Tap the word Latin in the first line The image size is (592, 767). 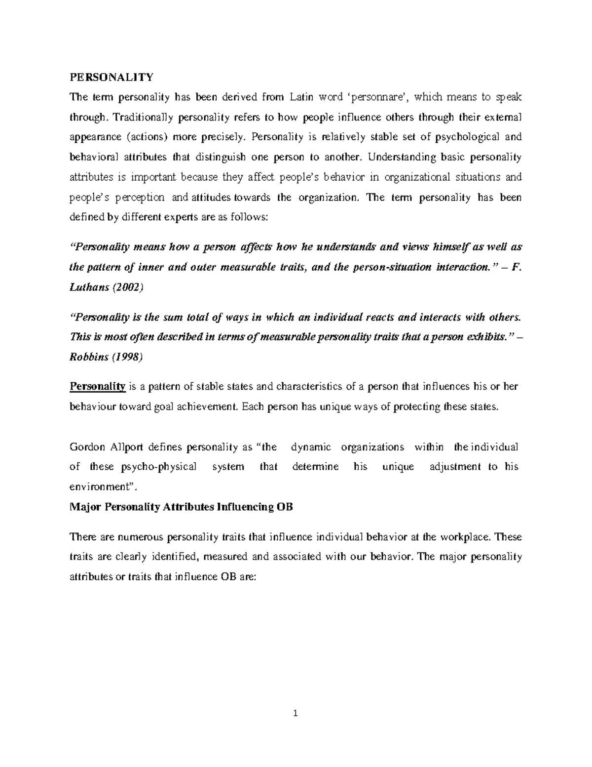[x=303, y=97]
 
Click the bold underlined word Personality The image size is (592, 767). [x=98, y=386]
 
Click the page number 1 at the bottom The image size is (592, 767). [x=296, y=713]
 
